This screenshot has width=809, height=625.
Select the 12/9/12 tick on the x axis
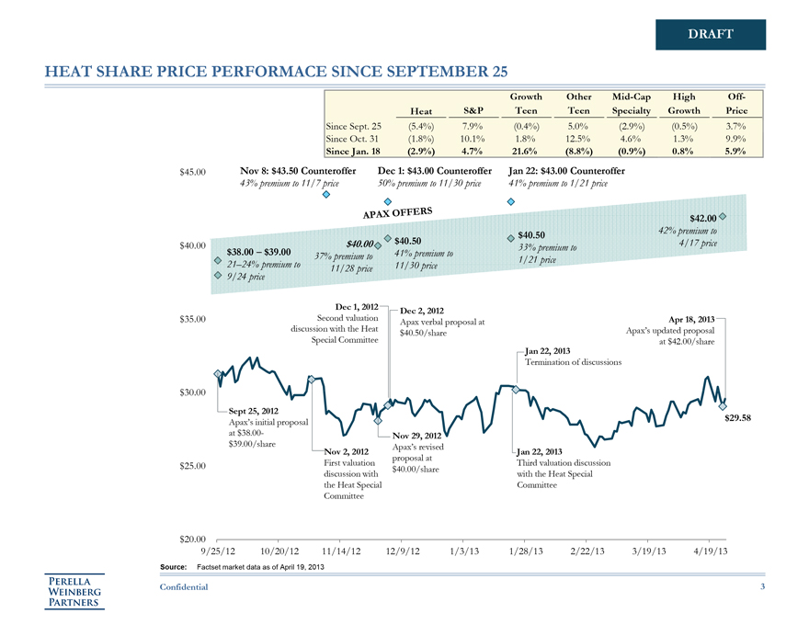pos(402,551)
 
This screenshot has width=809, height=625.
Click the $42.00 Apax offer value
pos(701,218)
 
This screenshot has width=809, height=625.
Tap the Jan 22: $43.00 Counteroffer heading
pos(566,171)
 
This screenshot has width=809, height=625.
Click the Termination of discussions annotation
pos(574,362)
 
